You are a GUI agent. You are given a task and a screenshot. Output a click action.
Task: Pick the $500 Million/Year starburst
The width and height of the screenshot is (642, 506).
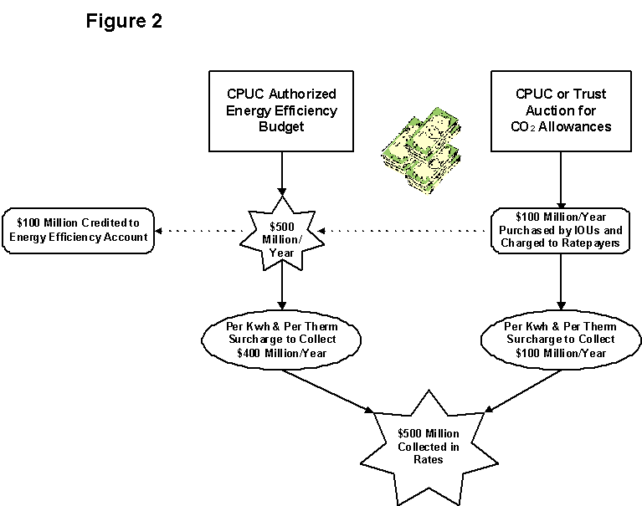(282, 231)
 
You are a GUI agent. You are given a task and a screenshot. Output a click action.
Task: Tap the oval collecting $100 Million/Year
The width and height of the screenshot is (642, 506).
(561, 339)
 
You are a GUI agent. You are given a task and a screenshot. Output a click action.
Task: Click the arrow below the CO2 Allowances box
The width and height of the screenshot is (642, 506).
(561, 180)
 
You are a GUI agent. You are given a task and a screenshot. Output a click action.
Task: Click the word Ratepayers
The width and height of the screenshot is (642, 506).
(594, 244)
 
